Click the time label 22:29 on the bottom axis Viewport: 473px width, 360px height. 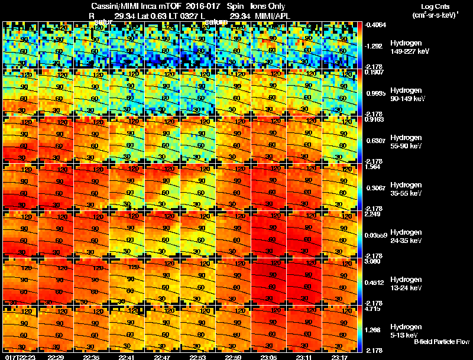pyautogui.click(x=56, y=356)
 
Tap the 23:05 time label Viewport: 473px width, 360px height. pyautogui.click(x=269, y=356)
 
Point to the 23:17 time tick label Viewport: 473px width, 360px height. pyautogui.click(x=340, y=356)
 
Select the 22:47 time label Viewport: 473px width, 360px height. pyautogui.click(x=163, y=356)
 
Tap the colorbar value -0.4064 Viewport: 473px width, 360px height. pyautogui.click(x=375, y=25)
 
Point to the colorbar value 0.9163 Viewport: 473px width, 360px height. pyautogui.click(x=375, y=119)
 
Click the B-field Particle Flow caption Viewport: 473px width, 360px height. pyautogui.click(x=441, y=342)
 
